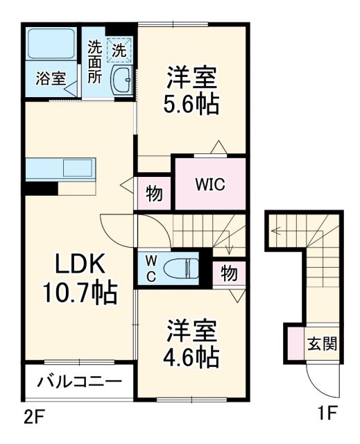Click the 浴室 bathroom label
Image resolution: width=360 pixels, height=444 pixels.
51,78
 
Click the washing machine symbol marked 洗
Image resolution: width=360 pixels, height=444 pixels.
120,50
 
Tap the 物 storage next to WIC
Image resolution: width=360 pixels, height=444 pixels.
155,194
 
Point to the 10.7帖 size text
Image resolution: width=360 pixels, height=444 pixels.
80,293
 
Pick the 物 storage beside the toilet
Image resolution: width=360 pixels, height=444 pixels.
228,273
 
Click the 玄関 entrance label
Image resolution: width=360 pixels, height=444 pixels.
323,343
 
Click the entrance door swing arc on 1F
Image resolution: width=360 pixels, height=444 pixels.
321,383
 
